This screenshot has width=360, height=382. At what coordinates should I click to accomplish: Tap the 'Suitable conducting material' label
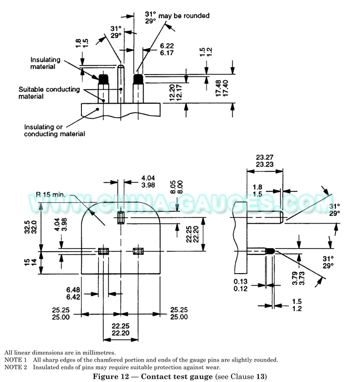pyautogui.click(x=49, y=93)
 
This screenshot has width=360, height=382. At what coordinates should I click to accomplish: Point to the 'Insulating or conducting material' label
pyautogui.click(x=54, y=130)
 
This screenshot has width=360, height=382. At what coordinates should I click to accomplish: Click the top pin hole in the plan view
pyautogui.click(x=121, y=217)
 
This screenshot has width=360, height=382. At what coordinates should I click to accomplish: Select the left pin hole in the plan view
pyautogui.click(x=103, y=252)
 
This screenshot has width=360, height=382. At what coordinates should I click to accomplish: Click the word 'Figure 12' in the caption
pyautogui.click(x=111, y=376)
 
